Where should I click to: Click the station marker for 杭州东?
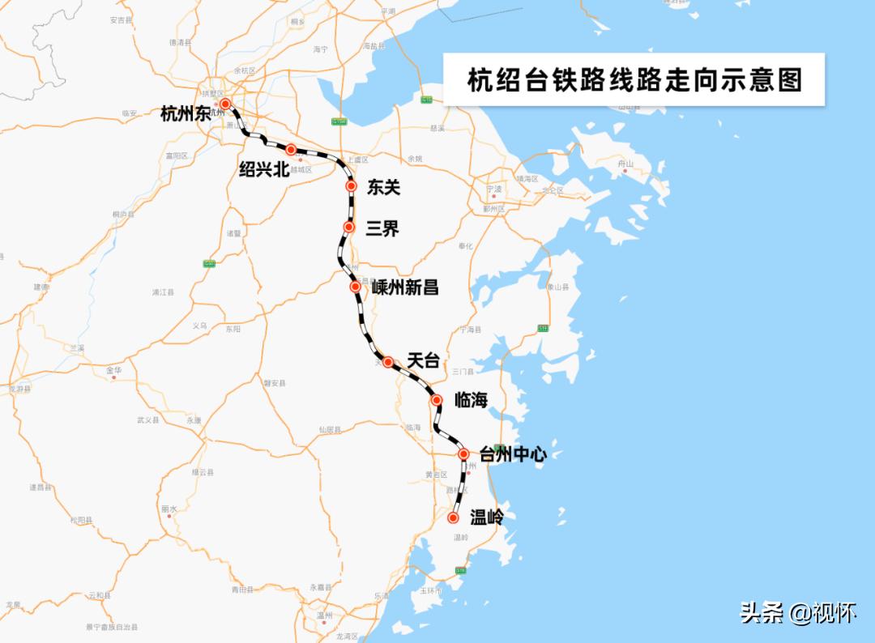tap(225, 104)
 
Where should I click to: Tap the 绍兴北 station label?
tap(264, 168)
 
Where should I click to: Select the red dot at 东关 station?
tap(351, 186)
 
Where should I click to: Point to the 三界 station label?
tap(382, 228)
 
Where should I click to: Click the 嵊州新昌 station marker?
tap(355, 287)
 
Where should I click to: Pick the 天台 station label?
tap(423, 361)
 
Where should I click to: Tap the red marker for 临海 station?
tap(437, 400)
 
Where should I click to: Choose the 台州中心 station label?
tap(513, 454)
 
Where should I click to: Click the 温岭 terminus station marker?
tap(454, 517)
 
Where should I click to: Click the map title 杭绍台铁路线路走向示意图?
tap(634, 80)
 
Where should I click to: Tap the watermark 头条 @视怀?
tap(797, 613)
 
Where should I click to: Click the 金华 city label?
tap(113, 370)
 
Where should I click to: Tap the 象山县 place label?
tap(558, 287)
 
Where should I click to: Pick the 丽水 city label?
tap(169, 509)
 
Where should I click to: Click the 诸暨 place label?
tap(233, 233)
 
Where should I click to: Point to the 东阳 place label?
tap(233, 330)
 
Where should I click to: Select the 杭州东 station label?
tap(186, 114)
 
